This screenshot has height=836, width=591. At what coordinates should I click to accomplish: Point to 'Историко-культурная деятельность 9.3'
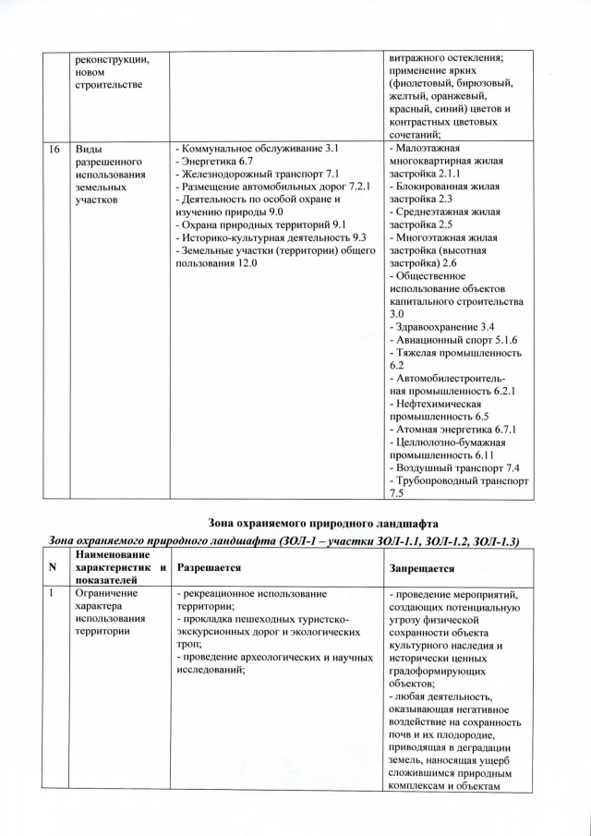click(x=271, y=237)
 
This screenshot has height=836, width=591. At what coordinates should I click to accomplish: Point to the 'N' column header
click(x=54, y=566)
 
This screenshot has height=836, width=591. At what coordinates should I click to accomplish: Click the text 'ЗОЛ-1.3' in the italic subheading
click(x=497, y=540)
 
